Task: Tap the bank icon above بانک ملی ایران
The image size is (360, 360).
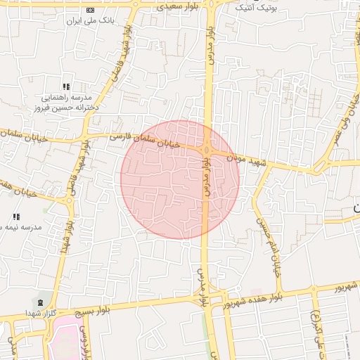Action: (x=90, y=10)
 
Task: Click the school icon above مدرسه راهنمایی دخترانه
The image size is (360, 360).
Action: (x=65, y=86)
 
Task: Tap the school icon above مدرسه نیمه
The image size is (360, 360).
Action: (x=15, y=216)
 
